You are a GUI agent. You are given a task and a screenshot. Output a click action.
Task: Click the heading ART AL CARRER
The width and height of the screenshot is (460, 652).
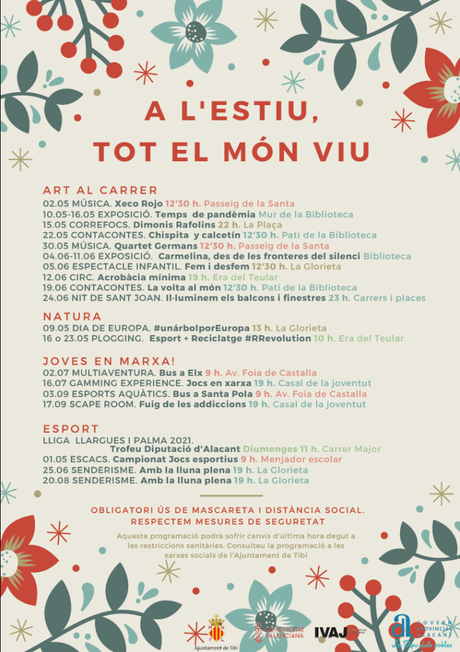pyautogui.click(x=100, y=190)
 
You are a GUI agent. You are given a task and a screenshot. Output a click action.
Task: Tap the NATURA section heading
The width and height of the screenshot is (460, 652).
pyautogui.click(x=72, y=316)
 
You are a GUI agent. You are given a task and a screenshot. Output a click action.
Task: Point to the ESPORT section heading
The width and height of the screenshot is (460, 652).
pyautogui.click(x=71, y=428)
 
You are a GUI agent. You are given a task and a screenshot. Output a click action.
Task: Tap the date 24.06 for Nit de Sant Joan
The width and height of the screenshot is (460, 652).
pyautogui.click(x=55, y=298)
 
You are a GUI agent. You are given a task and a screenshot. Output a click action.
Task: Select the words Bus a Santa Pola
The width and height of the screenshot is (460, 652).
pyautogui.click(x=212, y=394)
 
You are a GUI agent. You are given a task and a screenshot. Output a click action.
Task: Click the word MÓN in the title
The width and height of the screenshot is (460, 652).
pyautogui.click(x=261, y=151)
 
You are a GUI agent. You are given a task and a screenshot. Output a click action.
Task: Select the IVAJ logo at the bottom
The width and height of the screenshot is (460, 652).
pyautogui.click(x=329, y=631)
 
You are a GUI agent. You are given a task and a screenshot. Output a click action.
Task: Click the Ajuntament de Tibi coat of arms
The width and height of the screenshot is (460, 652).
pyautogui.click(x=217, y=627)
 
